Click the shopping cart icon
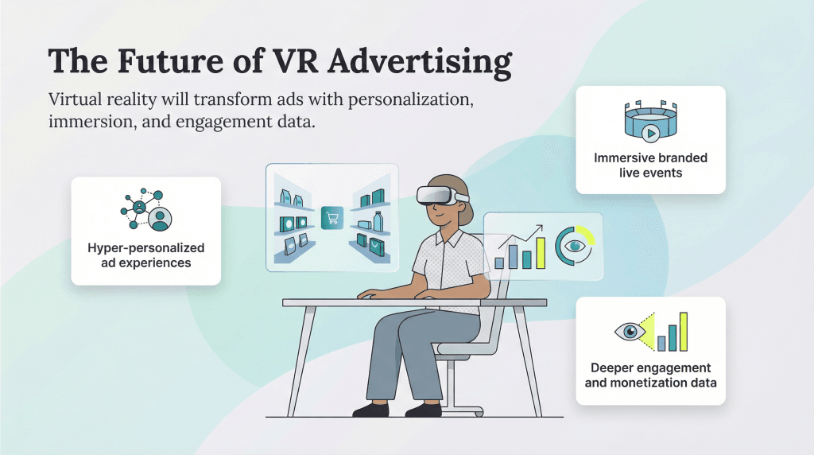[331, 218]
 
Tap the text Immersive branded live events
[650, 165]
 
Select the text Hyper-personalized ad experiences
[145, 255]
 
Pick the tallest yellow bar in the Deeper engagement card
[683, 332]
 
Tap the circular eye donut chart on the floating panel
[574, 247]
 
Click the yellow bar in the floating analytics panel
[541, 253]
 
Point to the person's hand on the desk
[367, 294]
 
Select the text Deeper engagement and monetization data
[650, 375]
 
